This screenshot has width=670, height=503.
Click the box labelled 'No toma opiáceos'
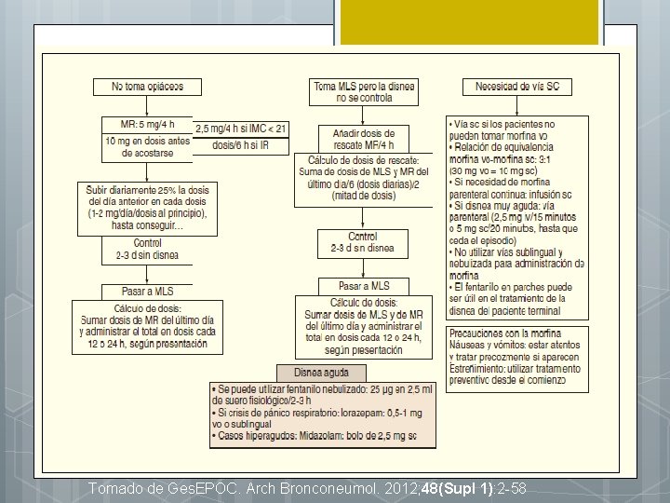tap(147, 87)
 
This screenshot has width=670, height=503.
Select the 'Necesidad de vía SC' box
tap(516, 87)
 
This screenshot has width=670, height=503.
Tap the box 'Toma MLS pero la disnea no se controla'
tap(364, 91)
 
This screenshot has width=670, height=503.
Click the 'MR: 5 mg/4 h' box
tap(147, 125)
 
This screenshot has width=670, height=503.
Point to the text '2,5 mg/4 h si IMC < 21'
tap(241, 129)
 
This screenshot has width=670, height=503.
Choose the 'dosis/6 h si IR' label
tap(241, 145)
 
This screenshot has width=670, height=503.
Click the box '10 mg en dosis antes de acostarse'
tap(147, 146)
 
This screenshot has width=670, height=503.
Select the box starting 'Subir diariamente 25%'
tap(147, 207)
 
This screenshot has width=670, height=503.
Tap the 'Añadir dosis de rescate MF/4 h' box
tap(363, 139)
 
